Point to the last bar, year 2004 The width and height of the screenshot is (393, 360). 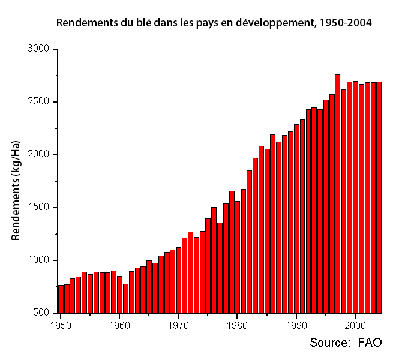[x=379, y=197]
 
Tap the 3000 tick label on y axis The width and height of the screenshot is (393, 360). [x=40, y=49]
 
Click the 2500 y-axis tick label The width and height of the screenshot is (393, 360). [x=40, y=102]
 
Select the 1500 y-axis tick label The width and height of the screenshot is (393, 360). [x=40, y=208]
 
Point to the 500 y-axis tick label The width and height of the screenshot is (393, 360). [x=43, y=313]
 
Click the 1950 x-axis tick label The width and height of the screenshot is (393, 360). [x=61, y=325]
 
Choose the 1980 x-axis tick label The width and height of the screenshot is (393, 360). [x=238, y=325]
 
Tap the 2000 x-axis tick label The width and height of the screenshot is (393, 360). [x=355, y=325]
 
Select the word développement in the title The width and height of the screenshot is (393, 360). [x=272, y=23]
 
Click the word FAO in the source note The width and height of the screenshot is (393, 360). [x=370, y=343]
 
